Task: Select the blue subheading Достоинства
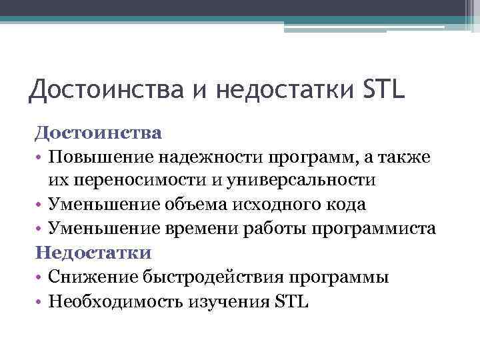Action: [98, 132]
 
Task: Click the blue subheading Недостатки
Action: [93, 253]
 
